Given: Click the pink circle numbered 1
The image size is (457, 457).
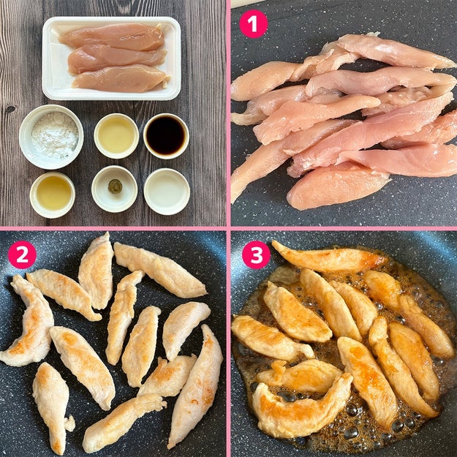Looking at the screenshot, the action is tap(253, 24).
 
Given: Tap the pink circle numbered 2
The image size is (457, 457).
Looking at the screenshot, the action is tap(22, 254).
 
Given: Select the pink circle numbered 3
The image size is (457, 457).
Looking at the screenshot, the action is tap(256, 254).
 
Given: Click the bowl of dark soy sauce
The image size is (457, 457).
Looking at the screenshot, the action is tap(166, 136).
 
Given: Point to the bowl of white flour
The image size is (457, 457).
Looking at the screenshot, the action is tap(51, 137).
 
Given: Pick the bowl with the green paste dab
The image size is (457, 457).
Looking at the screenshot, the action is tap(114, 189).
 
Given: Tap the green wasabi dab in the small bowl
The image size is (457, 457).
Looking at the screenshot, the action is tap(115, 186).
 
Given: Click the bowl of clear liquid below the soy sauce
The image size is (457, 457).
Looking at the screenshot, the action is tap(167, 192).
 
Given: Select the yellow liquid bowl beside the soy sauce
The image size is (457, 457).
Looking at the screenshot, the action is tap(116, 136).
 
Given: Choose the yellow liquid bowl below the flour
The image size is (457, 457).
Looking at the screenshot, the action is tap(53, 194).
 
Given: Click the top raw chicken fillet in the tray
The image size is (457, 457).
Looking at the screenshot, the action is tap(112, 37).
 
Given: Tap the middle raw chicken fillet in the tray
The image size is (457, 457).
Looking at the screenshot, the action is tap(116, 58).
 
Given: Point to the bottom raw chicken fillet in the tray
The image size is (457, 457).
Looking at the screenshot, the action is tap(121, 78).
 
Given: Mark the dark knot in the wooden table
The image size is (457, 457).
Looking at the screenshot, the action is tap(10, 110).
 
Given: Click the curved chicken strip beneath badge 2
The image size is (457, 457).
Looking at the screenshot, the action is tap(30, 320).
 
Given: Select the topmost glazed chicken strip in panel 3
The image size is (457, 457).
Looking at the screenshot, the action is tap(328, 257).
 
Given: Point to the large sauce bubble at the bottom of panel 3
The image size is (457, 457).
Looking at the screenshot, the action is tap(351, 432).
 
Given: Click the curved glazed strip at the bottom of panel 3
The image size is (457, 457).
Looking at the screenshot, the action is tap(301, 408).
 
